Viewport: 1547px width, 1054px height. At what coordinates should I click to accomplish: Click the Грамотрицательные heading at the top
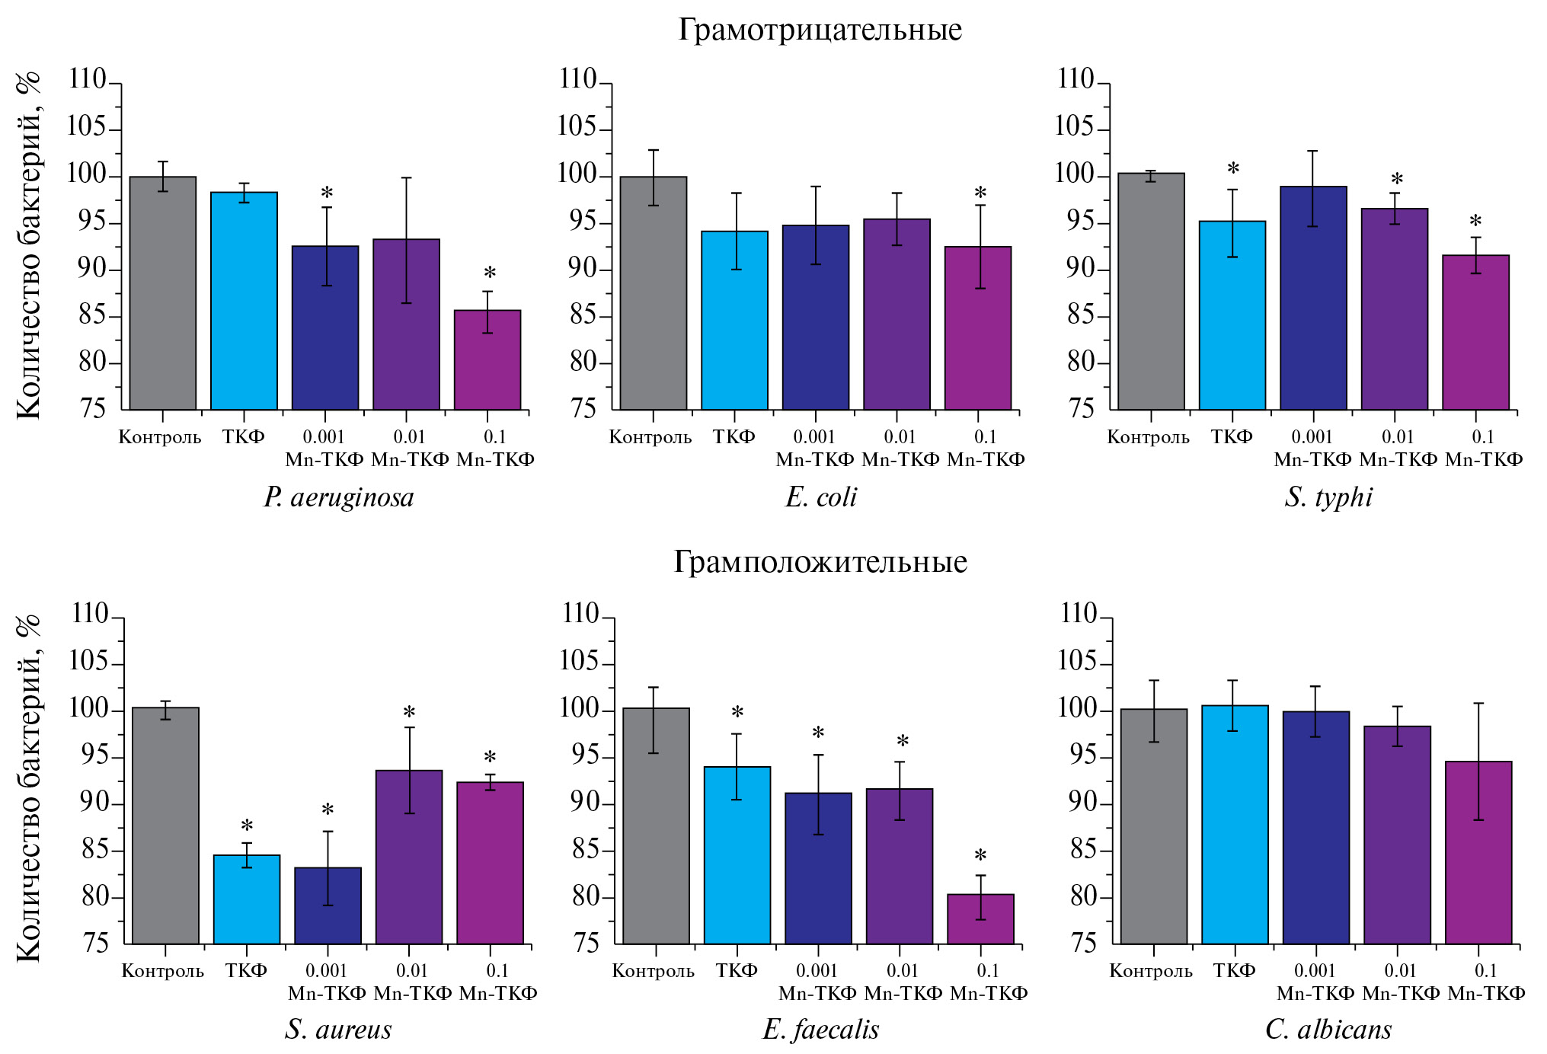(x=820, y=30)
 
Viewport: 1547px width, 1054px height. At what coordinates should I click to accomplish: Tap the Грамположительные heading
(x=820, y=563)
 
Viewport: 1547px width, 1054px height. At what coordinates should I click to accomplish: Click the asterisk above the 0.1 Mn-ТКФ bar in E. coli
(x=980, y=194)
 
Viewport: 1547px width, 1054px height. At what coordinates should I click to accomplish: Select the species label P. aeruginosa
(x=338, y=498)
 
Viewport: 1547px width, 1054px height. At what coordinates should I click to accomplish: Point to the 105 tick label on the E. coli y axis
(x=577, y=126)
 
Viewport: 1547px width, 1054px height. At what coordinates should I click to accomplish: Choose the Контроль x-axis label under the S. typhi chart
(x=1148, y=437)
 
